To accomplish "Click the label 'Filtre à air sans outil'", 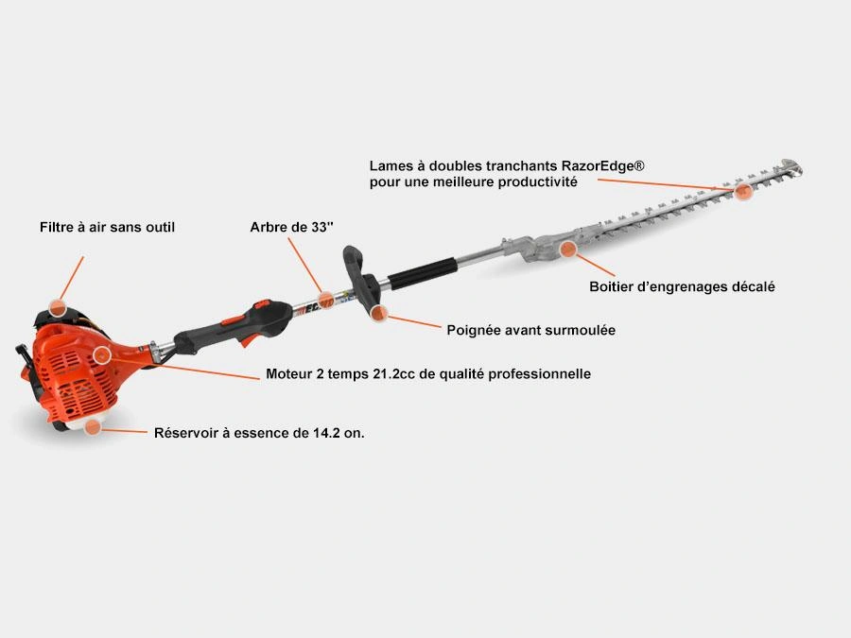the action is [107, 227].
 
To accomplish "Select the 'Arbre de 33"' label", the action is [291, 227].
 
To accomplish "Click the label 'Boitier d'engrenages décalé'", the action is [682, 286].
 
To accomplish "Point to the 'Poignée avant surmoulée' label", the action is [530, 330].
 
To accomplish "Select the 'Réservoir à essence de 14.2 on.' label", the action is [259, 433].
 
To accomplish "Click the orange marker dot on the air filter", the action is [57, 308].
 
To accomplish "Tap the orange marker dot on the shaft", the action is [325, 300].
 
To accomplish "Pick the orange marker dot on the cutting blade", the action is [743, 192].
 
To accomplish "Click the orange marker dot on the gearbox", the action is [567, 250].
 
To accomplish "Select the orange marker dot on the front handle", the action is [379, 313].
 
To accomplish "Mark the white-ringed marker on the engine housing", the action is [101, 355].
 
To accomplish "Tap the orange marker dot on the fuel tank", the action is [93, 426].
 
